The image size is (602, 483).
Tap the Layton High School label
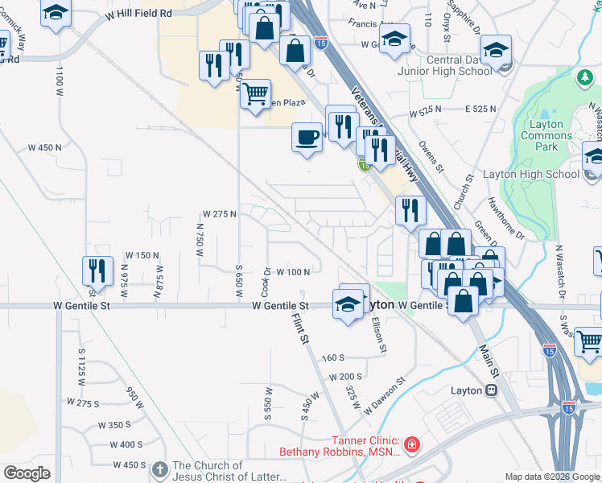click(530, 174)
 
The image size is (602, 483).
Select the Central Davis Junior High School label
click(446, 65)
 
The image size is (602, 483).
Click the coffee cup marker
click(306, 137)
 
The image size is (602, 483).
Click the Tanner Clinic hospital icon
click(411, 443)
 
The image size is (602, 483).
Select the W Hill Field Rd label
click(139, 14)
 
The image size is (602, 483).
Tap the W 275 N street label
click(220, 214)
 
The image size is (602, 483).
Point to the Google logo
click(27, 473)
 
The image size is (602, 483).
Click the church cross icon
click(159, 469)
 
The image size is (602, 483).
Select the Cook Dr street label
click(266, 281)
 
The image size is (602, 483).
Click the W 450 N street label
click(44, 147)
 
